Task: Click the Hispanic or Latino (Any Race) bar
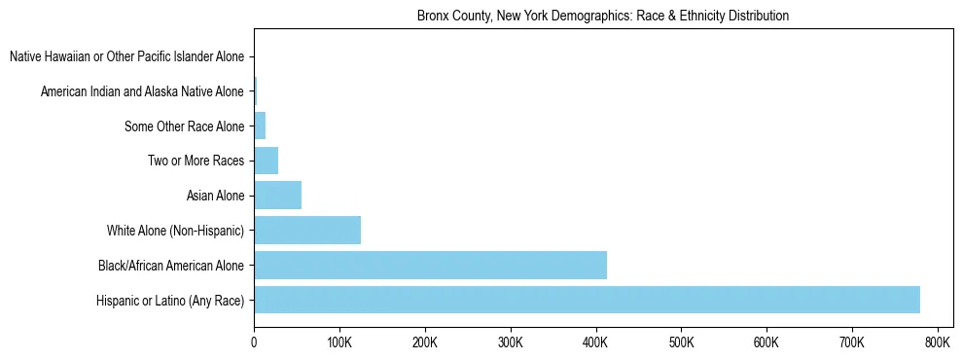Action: click(587, 300)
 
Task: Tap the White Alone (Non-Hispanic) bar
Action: click(307, 231)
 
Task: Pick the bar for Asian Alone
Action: click(277, 196)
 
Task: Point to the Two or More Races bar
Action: click(266, 161)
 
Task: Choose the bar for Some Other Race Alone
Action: click(260, 126)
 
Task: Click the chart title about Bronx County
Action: click(603, 17)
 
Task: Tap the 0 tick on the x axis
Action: click(254, 342)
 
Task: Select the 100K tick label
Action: click(339, 342)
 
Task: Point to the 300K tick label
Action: click(511, 342)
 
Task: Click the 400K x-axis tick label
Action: click(595, 342)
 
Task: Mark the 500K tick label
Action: click(681, 342)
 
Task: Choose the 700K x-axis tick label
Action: click(852, 342)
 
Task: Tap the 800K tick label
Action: click(938, 342)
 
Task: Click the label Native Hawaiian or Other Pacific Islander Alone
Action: click(126, 57)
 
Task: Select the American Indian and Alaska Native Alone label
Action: click(142, 91)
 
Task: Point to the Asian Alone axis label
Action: click(215, 196)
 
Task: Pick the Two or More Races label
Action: click(196, 161)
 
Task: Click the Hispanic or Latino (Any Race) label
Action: click(170, 300)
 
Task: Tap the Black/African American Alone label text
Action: click(171, 265)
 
